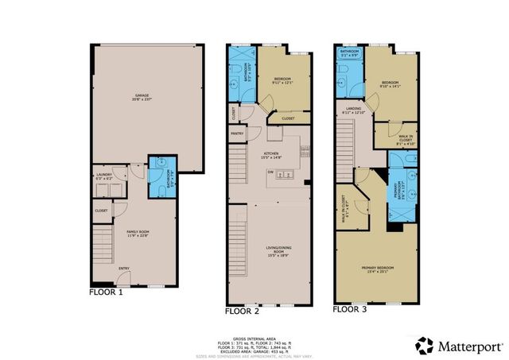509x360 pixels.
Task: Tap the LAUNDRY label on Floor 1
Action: (x=104, y=176)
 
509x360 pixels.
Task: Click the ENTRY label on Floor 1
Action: (x=124, y=268)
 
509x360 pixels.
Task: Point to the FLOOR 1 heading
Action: (x=106, y=292)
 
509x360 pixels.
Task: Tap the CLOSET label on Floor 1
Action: (x=101, y=211)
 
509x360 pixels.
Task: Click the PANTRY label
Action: (x=236, y=134)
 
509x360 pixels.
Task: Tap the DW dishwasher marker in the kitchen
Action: (x=270, y=172)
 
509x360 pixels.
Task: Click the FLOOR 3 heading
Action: (x=351, y=308)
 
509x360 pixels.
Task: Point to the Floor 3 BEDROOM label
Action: (x=390, y=83)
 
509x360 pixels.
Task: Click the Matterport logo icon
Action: (x=425, y=343)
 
